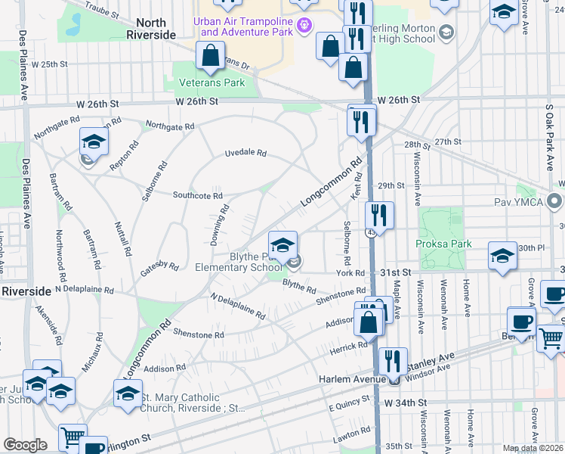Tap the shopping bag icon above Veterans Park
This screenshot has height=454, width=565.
tap(210, 55)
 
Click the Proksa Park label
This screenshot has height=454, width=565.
tap(443, 244)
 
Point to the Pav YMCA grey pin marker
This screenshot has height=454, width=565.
tap(556, 202)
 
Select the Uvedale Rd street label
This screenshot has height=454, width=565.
tap(245, 153)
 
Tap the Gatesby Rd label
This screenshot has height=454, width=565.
tap(159, 266)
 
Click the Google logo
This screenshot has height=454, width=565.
tap(25, 444)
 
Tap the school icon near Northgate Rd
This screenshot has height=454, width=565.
tap(93, 141)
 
